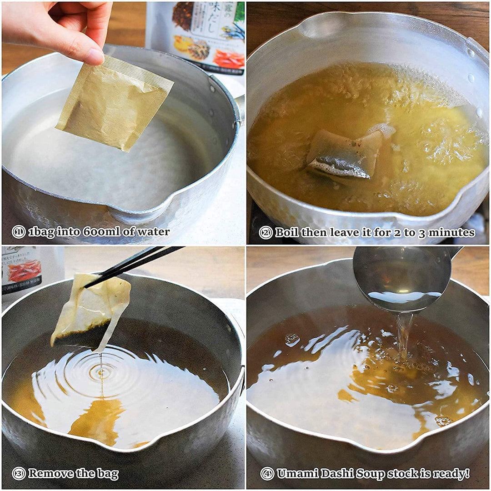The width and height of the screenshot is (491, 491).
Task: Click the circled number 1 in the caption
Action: pos(18,232)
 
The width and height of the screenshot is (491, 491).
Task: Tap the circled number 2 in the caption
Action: pos(266,233)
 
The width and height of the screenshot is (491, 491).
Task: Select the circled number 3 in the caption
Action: pos(18,474)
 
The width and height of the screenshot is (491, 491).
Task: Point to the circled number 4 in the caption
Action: pos(267,474)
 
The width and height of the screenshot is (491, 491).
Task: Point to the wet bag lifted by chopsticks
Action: pos(91,309)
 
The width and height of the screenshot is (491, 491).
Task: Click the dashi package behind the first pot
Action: pos(200,32)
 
